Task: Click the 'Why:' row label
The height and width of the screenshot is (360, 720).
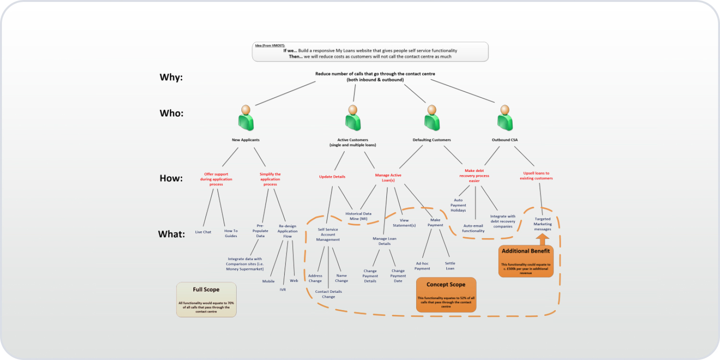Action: (x=171, y=77)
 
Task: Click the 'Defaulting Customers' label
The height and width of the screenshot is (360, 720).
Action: (x=432, y=140)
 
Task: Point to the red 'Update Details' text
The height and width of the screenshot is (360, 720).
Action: (x=332, y=177)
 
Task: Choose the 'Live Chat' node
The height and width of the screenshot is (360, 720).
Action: (x=203, y=232)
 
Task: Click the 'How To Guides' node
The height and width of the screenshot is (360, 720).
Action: (x=231, y=233)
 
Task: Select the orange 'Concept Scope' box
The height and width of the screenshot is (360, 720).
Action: (x=446, y=294)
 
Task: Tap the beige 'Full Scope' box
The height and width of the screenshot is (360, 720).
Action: (x=206, y=299)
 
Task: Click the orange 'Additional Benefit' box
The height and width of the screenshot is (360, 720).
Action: (x=526, y=261)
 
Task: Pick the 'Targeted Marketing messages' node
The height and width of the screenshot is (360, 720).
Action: (x=543, y=224)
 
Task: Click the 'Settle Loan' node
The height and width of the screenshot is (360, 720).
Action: (x=450, y=265)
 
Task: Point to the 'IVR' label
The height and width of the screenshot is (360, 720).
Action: (x=283, y=289)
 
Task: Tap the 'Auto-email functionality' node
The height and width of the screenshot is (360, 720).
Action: (x=474, y=228)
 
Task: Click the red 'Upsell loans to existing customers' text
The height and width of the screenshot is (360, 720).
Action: (x=536, y=176)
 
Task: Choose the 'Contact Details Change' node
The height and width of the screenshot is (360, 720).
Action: (x=328, y=294)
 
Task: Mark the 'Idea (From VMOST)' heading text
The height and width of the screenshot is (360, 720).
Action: (x=270, y=45)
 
